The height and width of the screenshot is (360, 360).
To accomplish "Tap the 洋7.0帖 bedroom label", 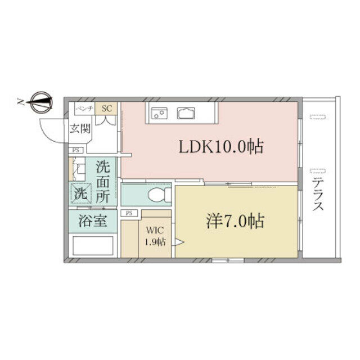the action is point(235,221).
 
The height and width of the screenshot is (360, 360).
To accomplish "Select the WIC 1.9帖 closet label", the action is point(155,236).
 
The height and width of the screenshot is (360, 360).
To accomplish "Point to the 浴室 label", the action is point(93,220).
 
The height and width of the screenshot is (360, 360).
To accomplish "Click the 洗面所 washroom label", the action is point(103,182).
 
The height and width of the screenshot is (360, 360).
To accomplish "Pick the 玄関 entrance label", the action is point(80,128).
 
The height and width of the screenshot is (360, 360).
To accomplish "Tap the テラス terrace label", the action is point(318,195).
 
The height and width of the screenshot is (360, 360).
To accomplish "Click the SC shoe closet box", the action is point(106,109).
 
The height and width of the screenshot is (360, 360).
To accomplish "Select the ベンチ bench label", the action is point(84,108).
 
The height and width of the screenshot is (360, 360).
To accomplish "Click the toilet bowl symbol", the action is point(159,195).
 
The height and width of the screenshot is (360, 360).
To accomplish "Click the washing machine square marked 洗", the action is point(80,193).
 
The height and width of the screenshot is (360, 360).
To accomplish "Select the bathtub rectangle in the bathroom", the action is point(93,245).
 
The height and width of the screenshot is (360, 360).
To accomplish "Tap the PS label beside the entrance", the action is point(75,150).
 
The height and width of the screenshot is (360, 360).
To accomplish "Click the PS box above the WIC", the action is point(129,213).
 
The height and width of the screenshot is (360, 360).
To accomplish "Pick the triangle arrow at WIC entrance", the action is point(179,242).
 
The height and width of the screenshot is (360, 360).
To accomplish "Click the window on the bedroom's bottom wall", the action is point(228,260).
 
